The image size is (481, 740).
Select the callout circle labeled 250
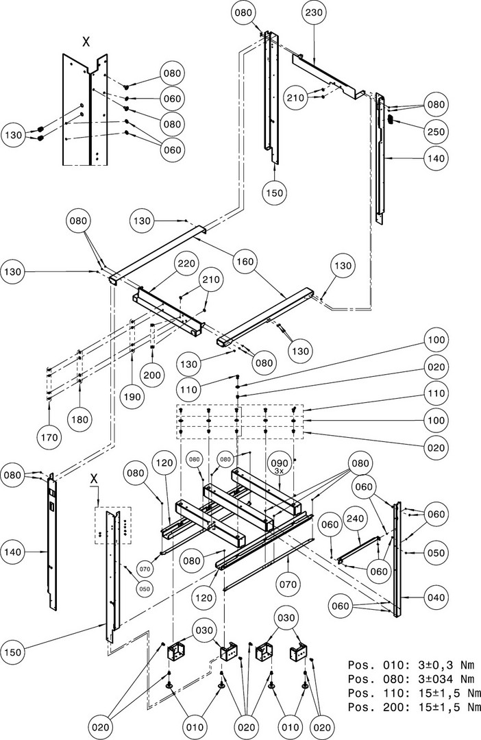[436, 132]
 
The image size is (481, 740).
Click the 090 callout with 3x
[279, 463]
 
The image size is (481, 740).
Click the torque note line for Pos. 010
[408, 665]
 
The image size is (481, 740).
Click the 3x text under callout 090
[279, 471]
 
